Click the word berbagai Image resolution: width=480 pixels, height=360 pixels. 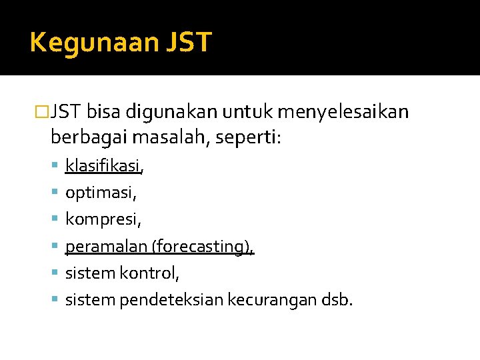88,139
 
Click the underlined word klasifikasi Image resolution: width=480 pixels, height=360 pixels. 103,166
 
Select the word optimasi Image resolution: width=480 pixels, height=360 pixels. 100,193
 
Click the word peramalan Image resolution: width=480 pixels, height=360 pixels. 106,247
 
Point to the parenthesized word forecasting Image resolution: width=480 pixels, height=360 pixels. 202,247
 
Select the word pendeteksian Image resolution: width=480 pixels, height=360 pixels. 171,300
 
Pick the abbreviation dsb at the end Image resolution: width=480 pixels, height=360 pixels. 335,300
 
